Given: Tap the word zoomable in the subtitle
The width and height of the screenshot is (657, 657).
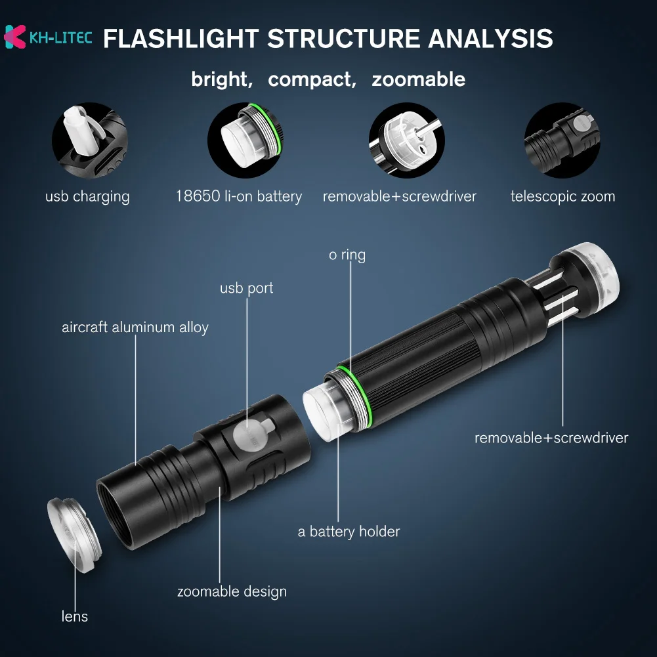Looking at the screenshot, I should (418, 80).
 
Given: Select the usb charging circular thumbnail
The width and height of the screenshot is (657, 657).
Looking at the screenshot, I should (90, 140).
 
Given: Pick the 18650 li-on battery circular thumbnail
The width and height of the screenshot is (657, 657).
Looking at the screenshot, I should (245, 140).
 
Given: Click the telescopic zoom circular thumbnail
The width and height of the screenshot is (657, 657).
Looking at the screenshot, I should (562, 140).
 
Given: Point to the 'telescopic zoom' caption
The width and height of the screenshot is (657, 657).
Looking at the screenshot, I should (562, 196).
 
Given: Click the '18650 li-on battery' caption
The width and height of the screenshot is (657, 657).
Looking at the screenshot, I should (238, 196).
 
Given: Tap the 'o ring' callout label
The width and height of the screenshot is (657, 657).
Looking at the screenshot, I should (347, 255).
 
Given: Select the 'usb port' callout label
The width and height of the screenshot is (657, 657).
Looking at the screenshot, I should (246, 288).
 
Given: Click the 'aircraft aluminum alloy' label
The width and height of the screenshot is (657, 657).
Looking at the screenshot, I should (135, 327).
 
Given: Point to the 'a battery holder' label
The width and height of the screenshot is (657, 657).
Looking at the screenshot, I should (349, 532).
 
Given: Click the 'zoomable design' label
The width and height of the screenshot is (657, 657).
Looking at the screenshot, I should (232, 591).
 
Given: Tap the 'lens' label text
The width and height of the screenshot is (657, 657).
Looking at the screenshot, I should (75, 616).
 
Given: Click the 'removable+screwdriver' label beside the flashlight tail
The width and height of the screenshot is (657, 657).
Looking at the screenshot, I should (551, 438).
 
